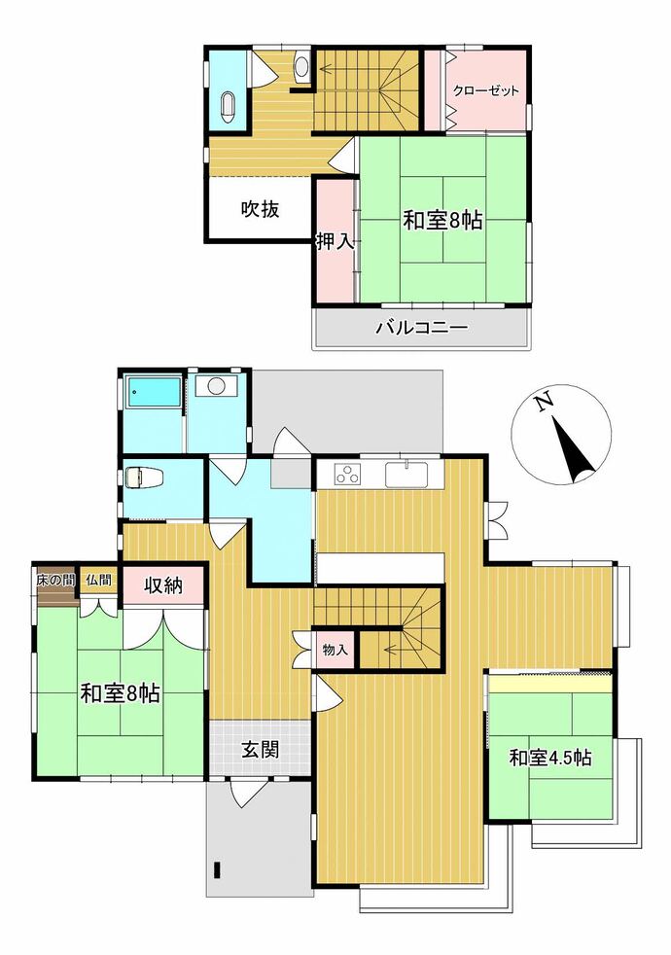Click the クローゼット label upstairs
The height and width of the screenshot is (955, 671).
click(485, 91)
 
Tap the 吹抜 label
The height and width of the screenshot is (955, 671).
click(260, 209)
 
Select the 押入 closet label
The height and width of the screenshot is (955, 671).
click(335, 242)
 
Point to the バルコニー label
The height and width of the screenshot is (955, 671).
click(421, 329)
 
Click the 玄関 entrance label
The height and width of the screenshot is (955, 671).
click(261, 750)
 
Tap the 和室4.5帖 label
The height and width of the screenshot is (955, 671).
click(549, 759)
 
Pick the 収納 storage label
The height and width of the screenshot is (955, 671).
click(163, 585)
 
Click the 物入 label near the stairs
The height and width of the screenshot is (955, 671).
click(335, 651)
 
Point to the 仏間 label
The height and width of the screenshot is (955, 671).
click(98, 580)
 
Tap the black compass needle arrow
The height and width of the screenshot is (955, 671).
click(573, 448)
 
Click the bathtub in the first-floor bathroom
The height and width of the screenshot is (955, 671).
click(153, 392)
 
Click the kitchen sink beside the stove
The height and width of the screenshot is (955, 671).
click(406, 474)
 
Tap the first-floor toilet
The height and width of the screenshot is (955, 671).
click(141, 477)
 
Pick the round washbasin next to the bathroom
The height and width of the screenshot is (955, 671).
click(215, 386)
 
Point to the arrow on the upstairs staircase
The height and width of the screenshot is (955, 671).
click(358, 69)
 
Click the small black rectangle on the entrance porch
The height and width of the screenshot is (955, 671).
click(217, 868)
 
